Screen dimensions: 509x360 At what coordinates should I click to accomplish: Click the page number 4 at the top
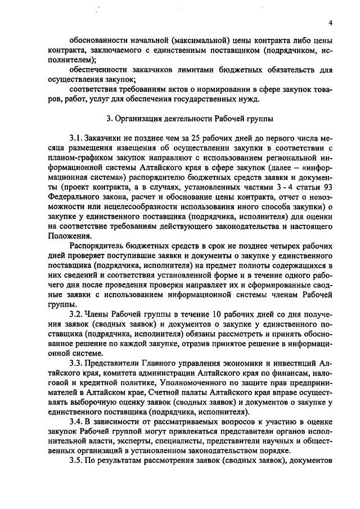click(331, 22)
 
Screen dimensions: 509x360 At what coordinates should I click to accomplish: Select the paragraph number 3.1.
click(76, 138)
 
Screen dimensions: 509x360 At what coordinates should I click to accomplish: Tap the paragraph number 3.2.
click(76, 313)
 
